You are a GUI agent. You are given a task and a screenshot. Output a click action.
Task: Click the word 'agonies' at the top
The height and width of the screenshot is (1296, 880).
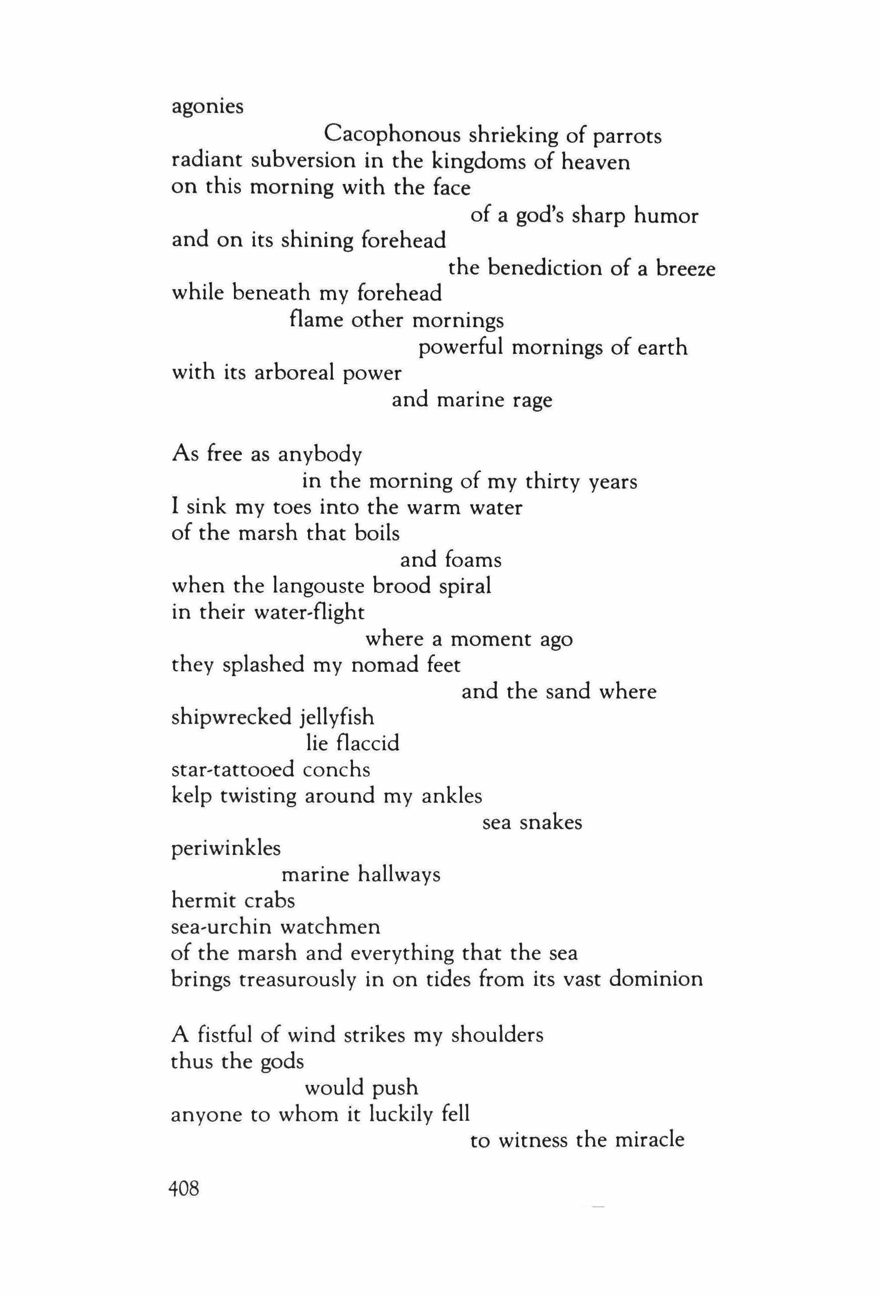[x=208, y=107]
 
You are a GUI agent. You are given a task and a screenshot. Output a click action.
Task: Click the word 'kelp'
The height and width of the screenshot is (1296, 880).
[x=192, y=796]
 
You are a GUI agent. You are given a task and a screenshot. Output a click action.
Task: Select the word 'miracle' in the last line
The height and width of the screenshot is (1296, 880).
[x=650, y=1140]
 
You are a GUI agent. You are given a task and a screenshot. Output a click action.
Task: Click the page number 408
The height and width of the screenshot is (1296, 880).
[x=184, y=1190]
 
